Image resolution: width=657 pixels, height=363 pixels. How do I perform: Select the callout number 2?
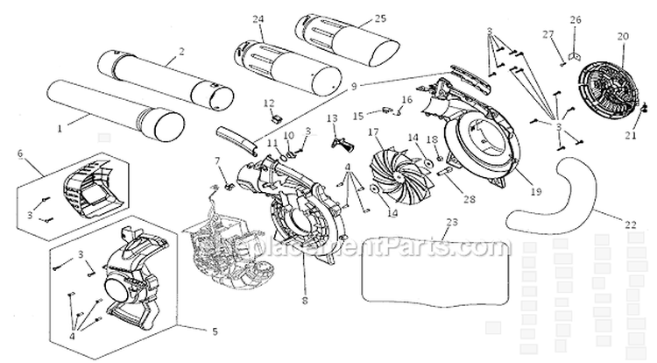tap(180, 52)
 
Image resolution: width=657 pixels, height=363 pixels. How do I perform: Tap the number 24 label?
tap(257, 18)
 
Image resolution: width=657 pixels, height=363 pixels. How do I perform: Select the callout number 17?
tap(373, 132)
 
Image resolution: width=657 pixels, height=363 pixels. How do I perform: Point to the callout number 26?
tap(575, 19)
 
